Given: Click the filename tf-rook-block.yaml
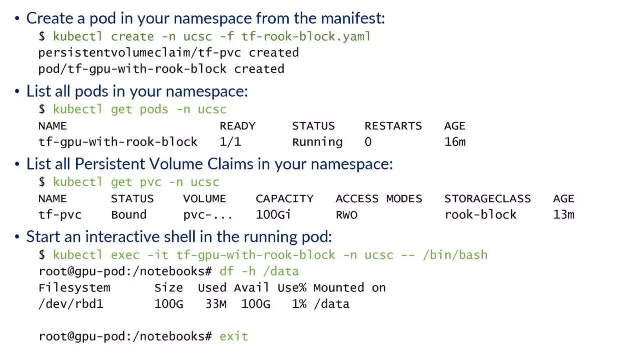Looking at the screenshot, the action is [306, 37].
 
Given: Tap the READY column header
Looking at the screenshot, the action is [237, 126].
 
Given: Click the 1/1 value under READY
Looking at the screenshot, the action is [230, 142].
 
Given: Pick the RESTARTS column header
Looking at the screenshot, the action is [393, 126].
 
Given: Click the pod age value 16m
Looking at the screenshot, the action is [455, 142].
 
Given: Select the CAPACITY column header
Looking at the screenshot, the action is [284, 199].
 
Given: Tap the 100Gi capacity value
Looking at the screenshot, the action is [273, 215].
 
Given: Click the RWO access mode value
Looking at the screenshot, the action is [347, 215].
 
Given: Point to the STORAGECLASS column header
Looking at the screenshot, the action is [487, 199].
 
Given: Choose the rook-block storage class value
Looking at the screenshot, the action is [480, 215].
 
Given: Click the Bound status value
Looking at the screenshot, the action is [129, 215].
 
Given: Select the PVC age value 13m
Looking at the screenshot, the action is [564, 215].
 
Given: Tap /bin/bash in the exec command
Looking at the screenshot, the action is [455, 255].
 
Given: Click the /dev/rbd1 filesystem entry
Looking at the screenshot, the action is [71, 304].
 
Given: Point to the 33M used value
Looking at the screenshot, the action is [216, 304].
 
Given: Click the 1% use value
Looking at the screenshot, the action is [299, 304].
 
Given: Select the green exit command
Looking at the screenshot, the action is [234, 337].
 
